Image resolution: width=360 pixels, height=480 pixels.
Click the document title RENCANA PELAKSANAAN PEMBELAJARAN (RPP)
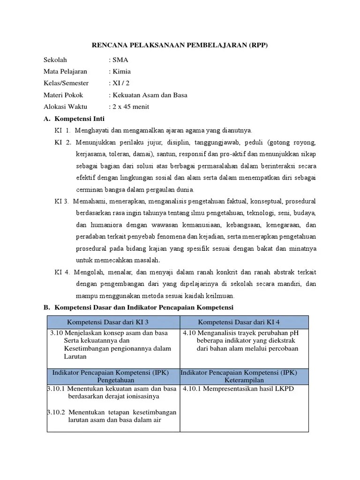[x=180, y=45]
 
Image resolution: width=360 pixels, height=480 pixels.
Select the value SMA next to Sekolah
[x=120, y=60]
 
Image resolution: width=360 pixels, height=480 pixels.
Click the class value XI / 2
[x=120, y=83]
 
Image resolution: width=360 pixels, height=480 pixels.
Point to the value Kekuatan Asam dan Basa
[x=149, y=95]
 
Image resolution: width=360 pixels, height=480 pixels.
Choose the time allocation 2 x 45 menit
[x=130, y=107]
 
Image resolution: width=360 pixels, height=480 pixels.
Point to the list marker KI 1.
[x=62, y=130]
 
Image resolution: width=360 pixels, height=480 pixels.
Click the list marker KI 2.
[x=62, y=142]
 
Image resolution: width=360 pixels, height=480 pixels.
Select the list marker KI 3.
[x=61, y=201]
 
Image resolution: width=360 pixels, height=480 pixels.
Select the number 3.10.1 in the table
[x=56, y=389]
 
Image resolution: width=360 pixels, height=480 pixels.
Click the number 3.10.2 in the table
[x=56, y=412]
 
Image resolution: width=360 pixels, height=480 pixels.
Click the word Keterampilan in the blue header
[x=244, y=380]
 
